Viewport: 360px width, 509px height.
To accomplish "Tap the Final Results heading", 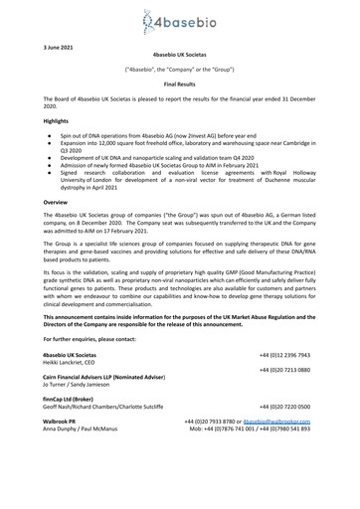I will click(x=179, y=87).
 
